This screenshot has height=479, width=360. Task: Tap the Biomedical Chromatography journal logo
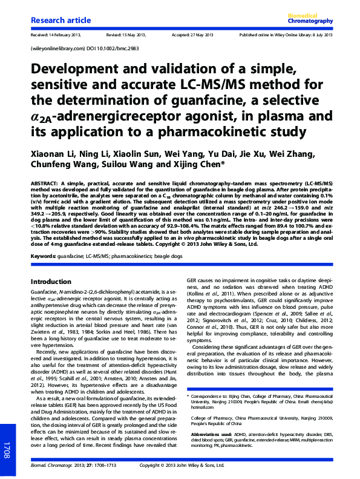point(312,18)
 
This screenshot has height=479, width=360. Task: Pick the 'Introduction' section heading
point(51,282)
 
